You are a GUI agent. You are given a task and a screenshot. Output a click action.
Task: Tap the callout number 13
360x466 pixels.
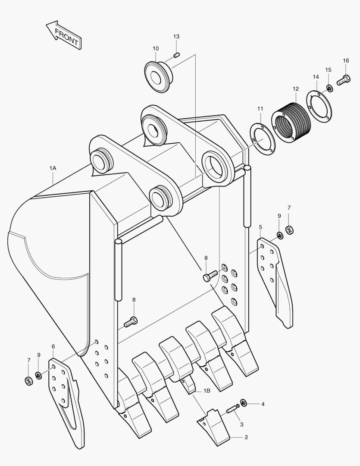(x=176, y=37)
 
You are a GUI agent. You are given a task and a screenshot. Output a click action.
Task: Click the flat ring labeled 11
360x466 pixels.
(x=262, y=139)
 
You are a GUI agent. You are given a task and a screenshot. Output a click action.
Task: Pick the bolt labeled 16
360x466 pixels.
(x=344, y=79)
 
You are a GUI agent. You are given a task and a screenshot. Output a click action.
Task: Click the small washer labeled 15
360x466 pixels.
(x=330, y=88)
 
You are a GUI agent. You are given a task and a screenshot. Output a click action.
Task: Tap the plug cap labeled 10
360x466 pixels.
(x=158, y=76)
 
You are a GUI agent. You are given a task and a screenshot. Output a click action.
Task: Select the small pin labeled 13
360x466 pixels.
(x=176, y=55)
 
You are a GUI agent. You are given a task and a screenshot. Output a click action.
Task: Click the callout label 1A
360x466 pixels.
(x=53, y=167)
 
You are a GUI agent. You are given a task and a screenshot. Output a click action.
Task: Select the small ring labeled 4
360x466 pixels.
(x=243, y=403)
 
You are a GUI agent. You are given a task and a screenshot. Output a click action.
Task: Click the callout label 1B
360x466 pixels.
(x=207, y=390)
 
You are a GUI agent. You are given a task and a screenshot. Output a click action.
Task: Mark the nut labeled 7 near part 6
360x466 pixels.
(x=29, y=381)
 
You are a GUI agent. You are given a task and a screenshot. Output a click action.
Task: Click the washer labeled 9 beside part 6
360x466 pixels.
(x=38, y=375)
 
